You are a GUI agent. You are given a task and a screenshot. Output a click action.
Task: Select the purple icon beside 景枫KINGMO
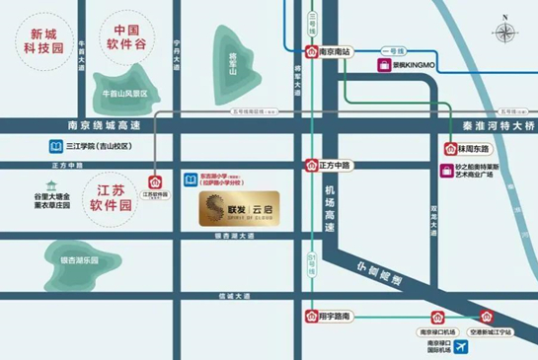click(384, 66)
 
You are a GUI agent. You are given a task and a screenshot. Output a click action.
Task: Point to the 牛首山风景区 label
click(124, 94)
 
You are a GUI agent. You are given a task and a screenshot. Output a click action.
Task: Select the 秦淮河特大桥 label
click(498, 126)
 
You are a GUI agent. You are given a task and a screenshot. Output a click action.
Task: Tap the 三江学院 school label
click(102, 146)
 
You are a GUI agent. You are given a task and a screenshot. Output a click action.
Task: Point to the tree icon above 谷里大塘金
click(52, 185)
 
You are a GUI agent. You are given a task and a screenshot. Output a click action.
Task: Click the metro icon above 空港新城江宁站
click(486, 317)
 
